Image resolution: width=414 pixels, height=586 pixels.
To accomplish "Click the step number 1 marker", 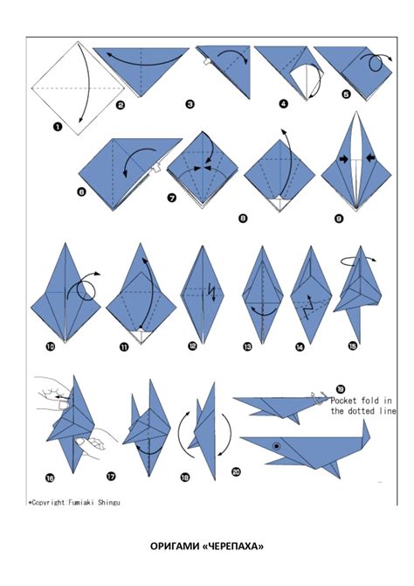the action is pyautogui.click(x=58, y=127).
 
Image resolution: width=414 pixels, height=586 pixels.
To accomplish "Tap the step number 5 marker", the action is pyautogui.click(x=346, y=94).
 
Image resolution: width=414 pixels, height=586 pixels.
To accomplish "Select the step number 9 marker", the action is pyautogui.click(x=339, y=219).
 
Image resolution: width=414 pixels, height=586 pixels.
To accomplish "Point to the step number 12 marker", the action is pyautogui.click(x=192, y=346).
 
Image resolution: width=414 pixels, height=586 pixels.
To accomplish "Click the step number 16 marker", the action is pyautogui.click(x=50, y=478).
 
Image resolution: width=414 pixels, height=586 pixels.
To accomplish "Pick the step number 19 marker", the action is pyautogui.click(x=341, y=390).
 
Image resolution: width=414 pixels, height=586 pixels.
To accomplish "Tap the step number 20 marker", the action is pyautogui.click(x=237, y=472).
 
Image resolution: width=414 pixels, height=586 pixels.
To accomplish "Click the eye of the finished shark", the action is pyautogui.click(x=276, y=446).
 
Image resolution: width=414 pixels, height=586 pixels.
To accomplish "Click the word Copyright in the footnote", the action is pyautogui.click(x=49, y=503).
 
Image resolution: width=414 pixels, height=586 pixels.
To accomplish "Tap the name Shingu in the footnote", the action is pyautogui.click(x=109, y=503).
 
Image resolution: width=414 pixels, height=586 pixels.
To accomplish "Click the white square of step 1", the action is pyautogui.click(x=78, y=88).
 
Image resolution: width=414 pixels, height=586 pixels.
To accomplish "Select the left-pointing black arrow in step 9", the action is pyautogui.click(x=370, y=158).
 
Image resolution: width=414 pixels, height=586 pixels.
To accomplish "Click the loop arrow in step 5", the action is pyautogui.click(x=373, y=64).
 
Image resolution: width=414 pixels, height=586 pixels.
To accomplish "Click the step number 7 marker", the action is pyautogui.click(x=172, y=198).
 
